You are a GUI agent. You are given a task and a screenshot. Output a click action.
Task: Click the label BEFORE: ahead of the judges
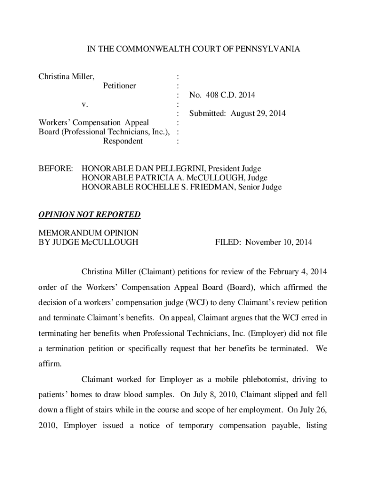pos(56,168)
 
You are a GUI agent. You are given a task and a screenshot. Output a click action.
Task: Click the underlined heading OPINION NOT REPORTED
pos(89,215)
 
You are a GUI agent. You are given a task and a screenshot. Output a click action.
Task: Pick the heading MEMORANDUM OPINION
pos(88,233)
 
